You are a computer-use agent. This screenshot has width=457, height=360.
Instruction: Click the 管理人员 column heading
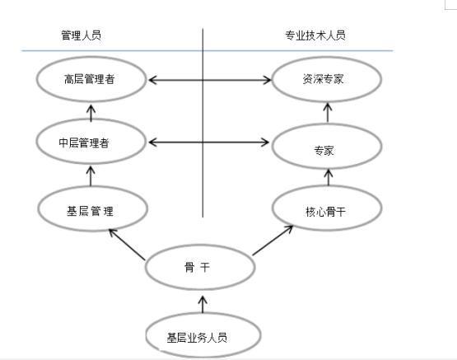[x=81, y=35]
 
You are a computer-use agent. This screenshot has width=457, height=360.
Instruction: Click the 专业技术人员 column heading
[x=315, y=35]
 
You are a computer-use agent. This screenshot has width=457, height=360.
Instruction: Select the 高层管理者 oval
[x=91, y=80]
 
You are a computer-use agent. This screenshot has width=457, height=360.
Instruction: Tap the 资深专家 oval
[x=327, y=80]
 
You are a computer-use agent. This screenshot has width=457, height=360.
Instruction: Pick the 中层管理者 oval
[x=91, y=142]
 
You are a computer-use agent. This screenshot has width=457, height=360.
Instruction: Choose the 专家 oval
[x=327, y=149]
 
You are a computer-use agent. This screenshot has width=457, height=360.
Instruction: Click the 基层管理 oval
[x=91, y=210]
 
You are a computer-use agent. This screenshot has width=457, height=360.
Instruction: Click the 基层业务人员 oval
[x=202, y=336]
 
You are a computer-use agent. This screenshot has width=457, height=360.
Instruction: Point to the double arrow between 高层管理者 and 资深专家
[x=209, y=80]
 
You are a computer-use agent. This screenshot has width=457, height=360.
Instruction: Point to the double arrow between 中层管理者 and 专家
[x=209, y=143]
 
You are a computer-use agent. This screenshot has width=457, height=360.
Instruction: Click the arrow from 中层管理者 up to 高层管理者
[x=91, y=111]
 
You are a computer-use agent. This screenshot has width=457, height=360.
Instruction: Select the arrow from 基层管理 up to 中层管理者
[x=91, y=175]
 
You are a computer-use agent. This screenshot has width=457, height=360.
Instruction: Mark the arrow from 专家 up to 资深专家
[x=327, y=113]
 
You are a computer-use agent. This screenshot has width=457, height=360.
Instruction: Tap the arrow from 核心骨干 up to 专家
[x=327, y=176]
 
